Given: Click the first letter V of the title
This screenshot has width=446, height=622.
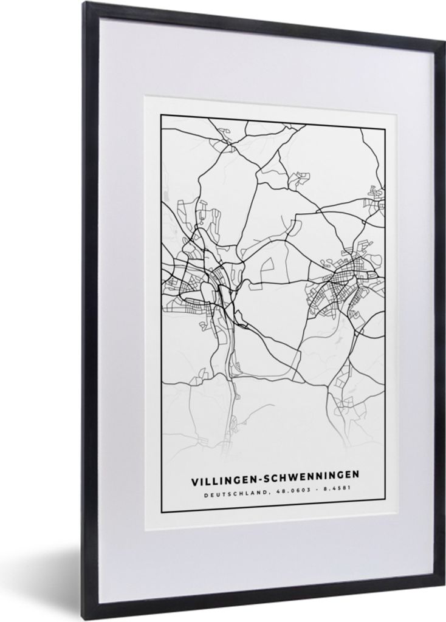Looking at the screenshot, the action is pyautogui.click(x=195, y=480).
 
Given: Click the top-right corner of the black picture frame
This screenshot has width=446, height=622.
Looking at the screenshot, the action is pyautogui.click(x=442, y=43).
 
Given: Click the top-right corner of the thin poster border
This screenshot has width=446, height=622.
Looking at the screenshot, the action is pyautogui.click(x=386, y=128).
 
